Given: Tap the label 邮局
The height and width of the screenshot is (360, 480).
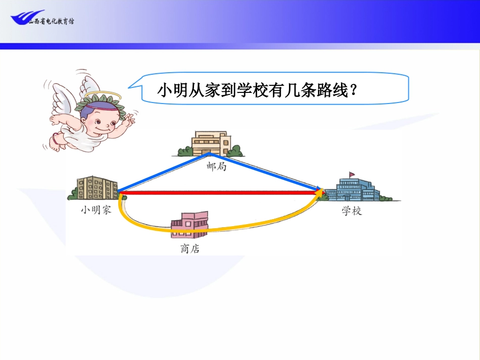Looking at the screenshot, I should click(x=216, y=166).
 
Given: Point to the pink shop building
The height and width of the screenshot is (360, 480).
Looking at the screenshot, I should click(x=189, y=225).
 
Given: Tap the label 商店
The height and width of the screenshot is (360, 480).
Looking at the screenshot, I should click(x=189, y=248).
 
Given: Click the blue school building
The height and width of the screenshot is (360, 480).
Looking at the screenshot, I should click(x=352, y=189).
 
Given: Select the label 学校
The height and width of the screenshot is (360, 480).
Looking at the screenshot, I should click(x=352, y=211).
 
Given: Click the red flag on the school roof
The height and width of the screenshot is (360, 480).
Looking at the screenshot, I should click(x=352, y=175).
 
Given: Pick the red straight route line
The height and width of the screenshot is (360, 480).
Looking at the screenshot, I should click(x=217, y=192).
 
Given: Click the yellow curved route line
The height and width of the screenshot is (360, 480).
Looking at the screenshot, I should click(x=152, y=227).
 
